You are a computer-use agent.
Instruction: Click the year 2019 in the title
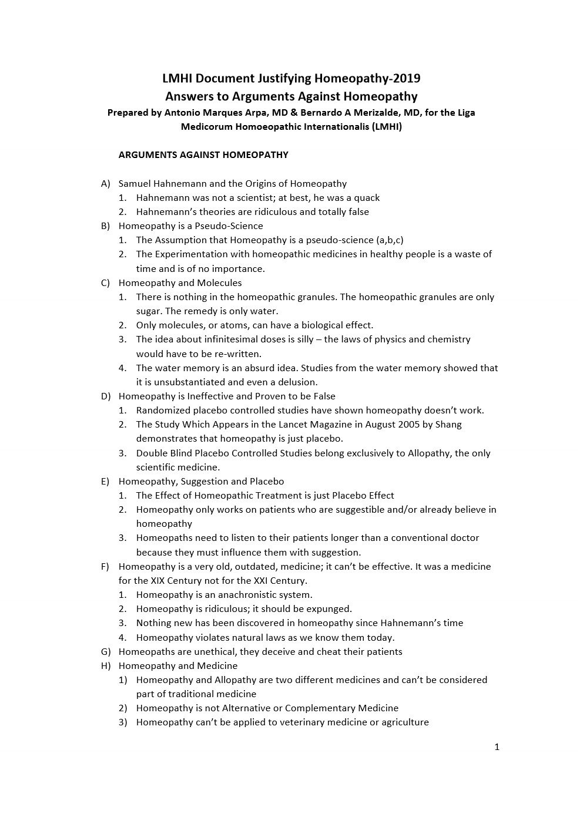pos(407,78)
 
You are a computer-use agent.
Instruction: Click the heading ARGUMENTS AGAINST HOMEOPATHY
pos(203,155)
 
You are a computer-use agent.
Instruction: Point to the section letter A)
pos(106,183)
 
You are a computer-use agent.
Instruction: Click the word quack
pos(366,197)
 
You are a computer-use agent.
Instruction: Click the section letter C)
pos(106,282)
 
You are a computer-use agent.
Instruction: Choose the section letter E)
pos(106,481)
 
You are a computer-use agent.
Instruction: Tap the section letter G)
pos(106,651)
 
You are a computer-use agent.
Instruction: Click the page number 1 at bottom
pos(497,747)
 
